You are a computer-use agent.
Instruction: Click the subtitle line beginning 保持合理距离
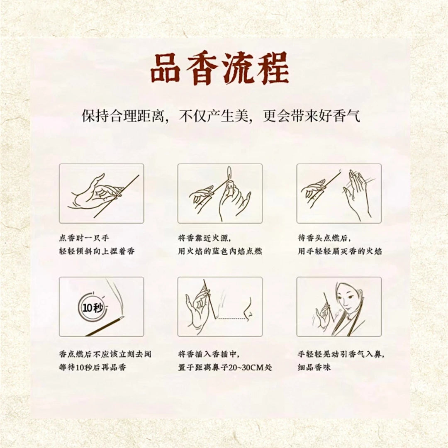221,116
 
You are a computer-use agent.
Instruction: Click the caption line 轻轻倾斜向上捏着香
97,251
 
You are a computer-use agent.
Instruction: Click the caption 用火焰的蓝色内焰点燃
220,251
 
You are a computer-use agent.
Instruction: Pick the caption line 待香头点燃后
324,239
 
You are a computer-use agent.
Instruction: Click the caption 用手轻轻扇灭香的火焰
340,251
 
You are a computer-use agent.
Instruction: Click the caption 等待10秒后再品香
92,368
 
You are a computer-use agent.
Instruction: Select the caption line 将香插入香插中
209,354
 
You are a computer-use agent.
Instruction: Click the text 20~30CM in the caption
243,368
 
